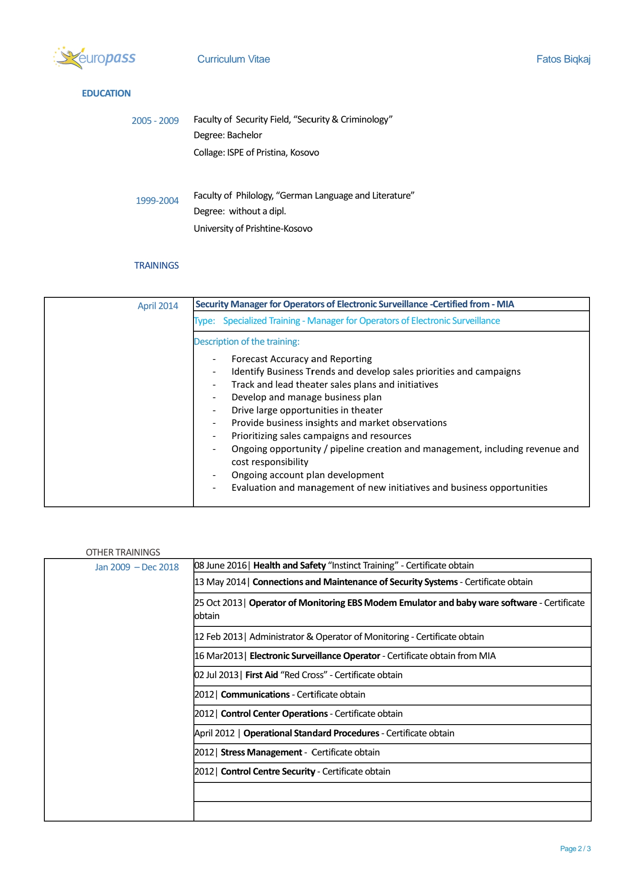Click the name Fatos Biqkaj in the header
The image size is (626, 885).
(x=563, y=59)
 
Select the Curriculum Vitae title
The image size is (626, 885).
(x=233, y=59)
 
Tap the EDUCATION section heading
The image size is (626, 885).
(x=106, y=93)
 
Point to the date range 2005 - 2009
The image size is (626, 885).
(x=155, y=121)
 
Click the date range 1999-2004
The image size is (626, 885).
(x=157, y=201)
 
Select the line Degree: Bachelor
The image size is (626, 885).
(x=228, y=135)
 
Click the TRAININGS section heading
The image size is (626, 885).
(x=156, y=266)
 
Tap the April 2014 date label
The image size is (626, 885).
(x=158, y=306)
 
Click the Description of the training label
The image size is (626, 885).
(x=246, y=342)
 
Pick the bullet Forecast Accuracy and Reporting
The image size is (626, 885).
(x=301, y=359)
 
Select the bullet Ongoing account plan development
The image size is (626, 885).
(x=307, y=475)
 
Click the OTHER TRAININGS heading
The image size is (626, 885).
(x=123, y=552)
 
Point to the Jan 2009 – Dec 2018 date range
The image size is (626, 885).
(x=137, y=567)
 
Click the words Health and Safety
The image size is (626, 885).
(x=290, y=566)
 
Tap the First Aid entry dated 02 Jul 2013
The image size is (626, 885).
(x=298, y=675)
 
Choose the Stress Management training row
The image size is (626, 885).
(x=300, y=752)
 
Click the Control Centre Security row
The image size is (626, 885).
(x=305, y=772)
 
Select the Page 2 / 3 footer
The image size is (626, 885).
(x=575, y=848)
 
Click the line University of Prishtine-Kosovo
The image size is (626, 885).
(x=253, y=229)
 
